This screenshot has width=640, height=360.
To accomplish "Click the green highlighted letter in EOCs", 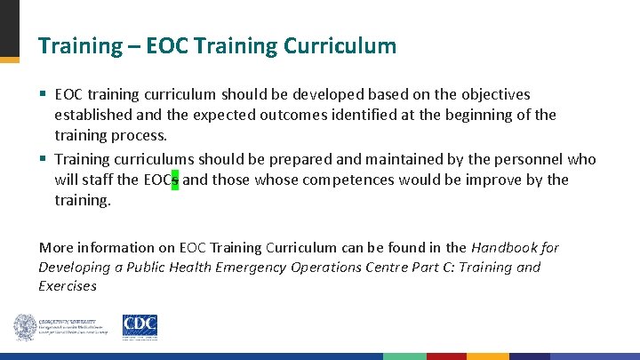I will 175,180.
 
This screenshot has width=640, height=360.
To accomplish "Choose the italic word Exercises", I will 68,286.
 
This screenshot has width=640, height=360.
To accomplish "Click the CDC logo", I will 140,327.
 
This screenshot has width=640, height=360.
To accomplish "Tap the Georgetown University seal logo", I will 25,327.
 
